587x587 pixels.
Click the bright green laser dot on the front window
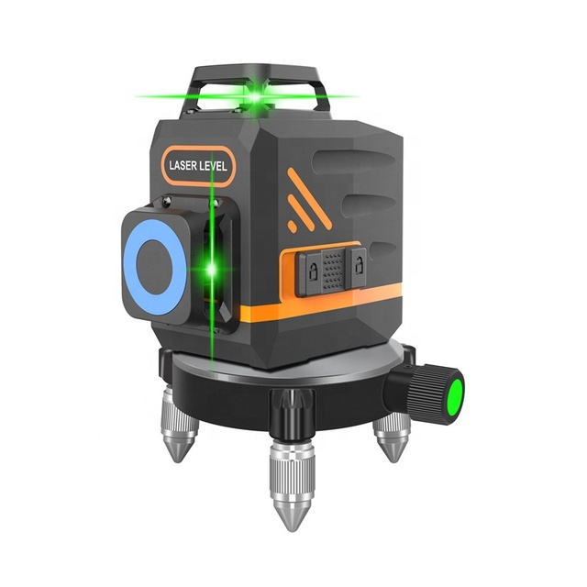(212, 269)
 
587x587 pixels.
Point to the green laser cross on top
(255, 97)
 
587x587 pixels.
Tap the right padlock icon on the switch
(359, 265)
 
